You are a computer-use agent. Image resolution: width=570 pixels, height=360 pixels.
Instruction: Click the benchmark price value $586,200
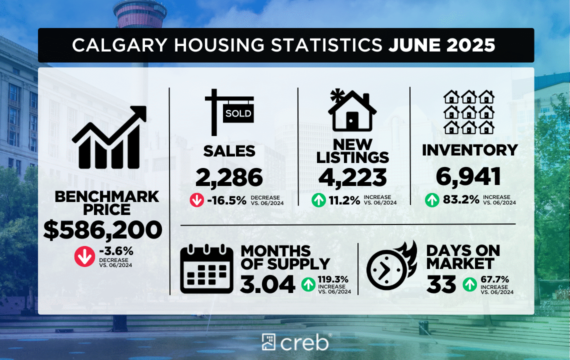(x=103, y=230)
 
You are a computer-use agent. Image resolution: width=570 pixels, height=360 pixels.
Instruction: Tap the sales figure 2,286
(x=229, y=177)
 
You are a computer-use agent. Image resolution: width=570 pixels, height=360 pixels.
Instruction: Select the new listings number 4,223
(x=353, y=177)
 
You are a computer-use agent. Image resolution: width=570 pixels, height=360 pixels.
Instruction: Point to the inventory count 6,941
(x=468, y=176)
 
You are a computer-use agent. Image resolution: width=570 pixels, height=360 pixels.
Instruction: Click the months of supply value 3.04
(x=267, y=284)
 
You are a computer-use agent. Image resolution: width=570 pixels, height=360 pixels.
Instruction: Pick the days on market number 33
(x=441, y=284)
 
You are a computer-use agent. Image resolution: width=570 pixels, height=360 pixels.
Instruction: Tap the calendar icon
(x=206, y=269)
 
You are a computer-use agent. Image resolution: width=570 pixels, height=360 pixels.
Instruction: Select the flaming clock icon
(x=391, y=269)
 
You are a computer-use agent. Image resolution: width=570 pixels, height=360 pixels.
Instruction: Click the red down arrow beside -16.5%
(x=197, y=200)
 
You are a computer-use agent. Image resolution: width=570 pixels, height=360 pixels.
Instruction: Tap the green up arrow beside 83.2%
(x=432, y=200)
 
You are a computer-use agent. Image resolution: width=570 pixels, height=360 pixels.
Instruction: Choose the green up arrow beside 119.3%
(x=308, y=285)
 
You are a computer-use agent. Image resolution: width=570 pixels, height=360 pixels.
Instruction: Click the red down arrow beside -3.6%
(x=84, y=257)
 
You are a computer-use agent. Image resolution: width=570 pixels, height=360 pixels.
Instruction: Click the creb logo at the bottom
(x=295, y=342)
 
